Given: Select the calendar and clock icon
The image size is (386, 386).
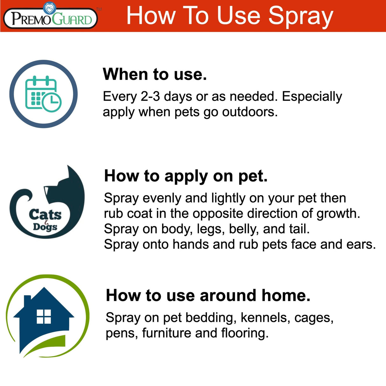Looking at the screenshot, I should tap(43, 94).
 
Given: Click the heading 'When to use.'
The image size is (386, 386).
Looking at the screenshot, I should tap(155, 74).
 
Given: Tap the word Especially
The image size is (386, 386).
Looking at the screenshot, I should tap(312, 96).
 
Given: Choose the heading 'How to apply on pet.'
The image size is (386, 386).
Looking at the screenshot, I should tap(186, 176).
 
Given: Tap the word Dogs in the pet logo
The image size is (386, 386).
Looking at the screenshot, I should tap(45, 227).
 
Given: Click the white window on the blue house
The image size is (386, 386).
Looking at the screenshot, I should tap(44, 316).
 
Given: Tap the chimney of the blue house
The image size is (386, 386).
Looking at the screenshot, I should tap(27, 301).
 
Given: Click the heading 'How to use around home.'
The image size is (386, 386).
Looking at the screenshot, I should tap(208, 295).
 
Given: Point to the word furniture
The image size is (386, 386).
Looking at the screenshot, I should tap(167, 333).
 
